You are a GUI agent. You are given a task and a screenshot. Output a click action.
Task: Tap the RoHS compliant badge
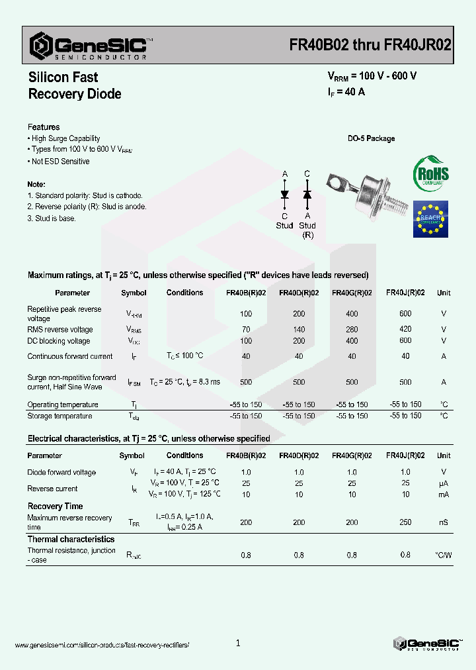[430, 174]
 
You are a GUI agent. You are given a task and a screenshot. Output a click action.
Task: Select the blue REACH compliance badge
[430, 218]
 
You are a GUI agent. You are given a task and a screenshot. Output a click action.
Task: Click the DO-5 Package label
[371, 138]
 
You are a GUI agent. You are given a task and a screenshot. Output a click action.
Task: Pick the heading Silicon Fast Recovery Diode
[75, 85]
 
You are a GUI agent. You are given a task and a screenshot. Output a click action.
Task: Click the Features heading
[44, 126]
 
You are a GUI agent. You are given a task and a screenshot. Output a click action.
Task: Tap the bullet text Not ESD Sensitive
[60, 162]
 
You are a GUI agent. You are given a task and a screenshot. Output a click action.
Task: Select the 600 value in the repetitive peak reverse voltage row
[405, 314]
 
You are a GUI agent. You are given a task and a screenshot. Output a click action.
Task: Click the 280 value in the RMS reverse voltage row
[352, 329]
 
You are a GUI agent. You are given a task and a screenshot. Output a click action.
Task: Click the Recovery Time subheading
[55, 506]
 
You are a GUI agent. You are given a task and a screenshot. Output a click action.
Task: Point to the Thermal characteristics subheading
[71, 539]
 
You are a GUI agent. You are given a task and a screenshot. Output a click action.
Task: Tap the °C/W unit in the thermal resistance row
[443, 555]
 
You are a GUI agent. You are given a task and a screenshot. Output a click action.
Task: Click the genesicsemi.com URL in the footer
[102, 645]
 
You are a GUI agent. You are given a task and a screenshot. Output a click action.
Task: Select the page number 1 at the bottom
[238, 643]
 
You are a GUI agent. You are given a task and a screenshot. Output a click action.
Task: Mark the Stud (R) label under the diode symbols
[307, 230]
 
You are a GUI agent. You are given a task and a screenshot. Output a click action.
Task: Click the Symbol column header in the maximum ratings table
[134, 293]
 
